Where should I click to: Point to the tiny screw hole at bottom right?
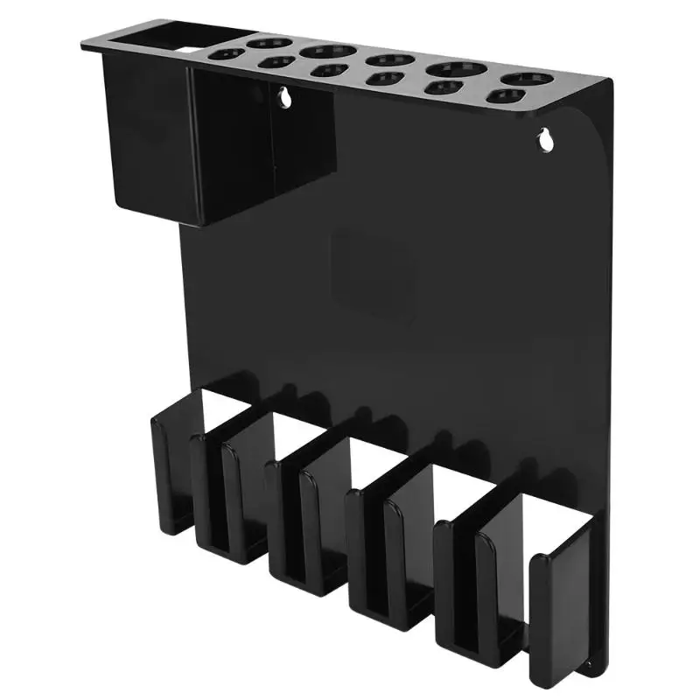coord(588,665)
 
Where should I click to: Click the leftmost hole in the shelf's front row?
coord(229,54)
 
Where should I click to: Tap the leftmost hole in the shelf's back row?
coord(262,41)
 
